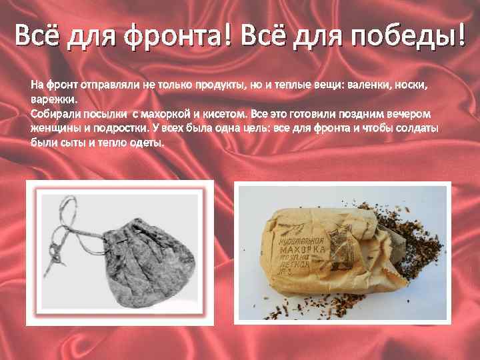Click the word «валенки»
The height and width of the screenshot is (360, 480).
pyautogui.click(x=371, y=85)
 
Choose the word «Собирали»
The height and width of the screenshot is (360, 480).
pyautogui.click(x=55, y=114)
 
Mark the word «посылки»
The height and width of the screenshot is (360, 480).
pyautogui.click(x=106, y=114)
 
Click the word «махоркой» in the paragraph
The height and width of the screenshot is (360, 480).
pyautogui.click(x=164, y=114)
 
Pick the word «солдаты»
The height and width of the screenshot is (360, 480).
pyautogui.click(x=419, y=129)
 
